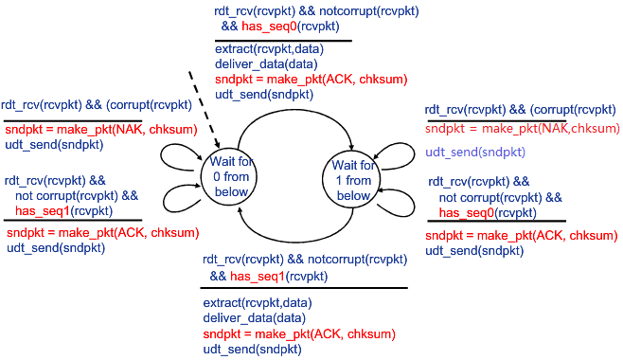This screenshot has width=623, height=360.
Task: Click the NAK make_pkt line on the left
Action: tap(75, 129)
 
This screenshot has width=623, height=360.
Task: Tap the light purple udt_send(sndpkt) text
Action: tap(475, 152)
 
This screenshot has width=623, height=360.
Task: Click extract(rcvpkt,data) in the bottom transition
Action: tap(256, 303)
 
